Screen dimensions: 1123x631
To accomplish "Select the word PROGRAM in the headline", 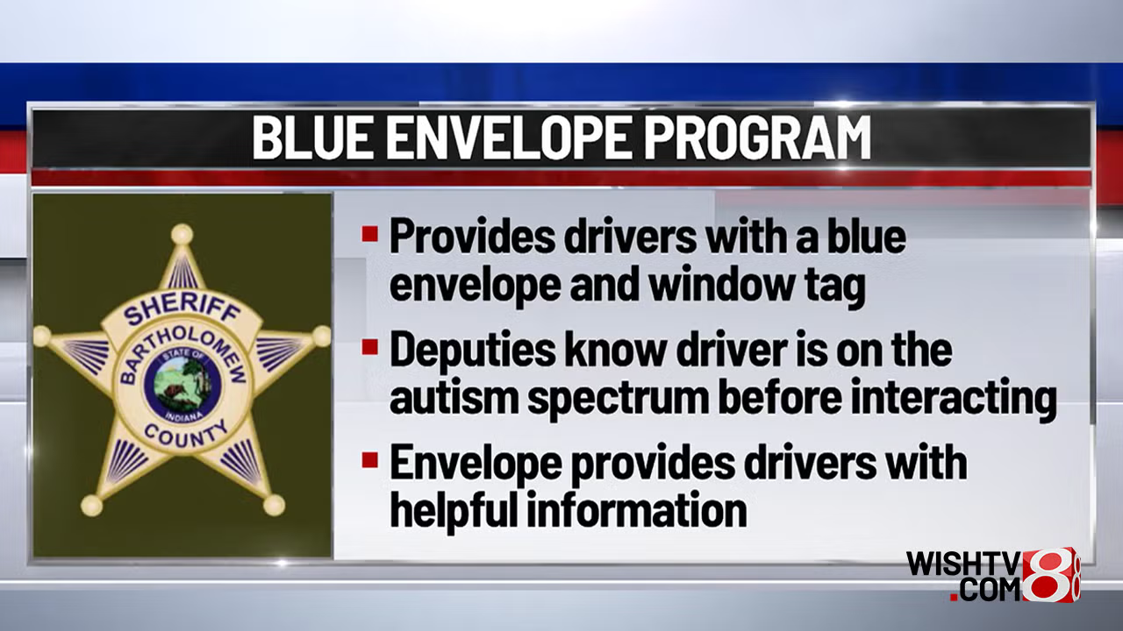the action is [x=756, y=138].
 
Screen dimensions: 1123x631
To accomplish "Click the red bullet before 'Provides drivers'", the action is [x=369, y=234].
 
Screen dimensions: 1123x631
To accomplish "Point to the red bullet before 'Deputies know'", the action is [x=369, y=346].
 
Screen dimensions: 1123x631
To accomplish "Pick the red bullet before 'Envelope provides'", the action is [x=369, y=459].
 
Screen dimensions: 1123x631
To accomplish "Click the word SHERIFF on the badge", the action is [x=182, y=311].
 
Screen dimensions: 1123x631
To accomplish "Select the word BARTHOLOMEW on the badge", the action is [x=183, y=351].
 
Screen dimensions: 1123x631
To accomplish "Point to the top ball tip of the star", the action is [x=182, y=234].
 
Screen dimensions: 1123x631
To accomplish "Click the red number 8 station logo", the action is [x=1050, y=574].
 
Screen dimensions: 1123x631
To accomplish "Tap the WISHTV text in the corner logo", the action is [x=963, y=564].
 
